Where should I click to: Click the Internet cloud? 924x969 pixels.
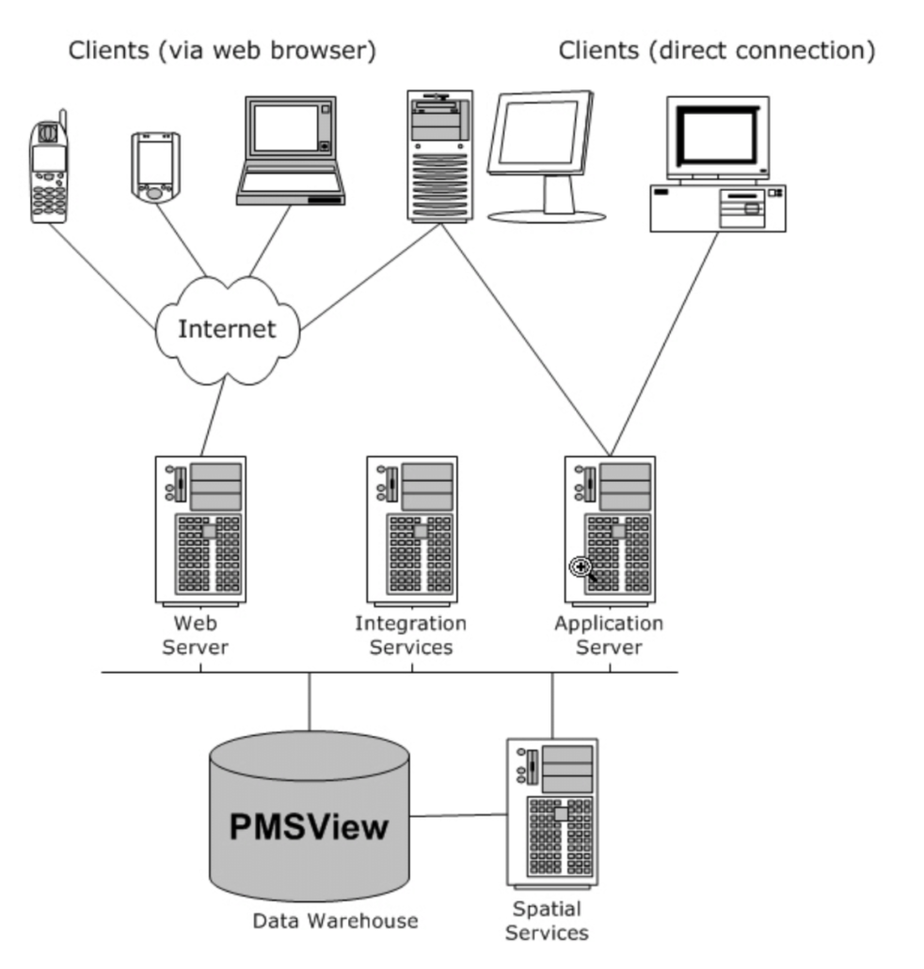click(x=227, y=329)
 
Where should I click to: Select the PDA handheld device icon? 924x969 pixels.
click(x=154, y=167)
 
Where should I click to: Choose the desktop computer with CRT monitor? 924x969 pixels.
click(x=718, y=164)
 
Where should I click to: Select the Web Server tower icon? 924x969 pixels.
click(x=200, y=530)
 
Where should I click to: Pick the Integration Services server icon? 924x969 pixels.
click(x=411, y=530)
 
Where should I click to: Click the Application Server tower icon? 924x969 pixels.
click(x=610, y=530)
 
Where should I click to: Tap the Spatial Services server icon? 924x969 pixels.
click(x=552, y=811)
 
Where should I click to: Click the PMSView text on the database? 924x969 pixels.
click(x=309, y=827)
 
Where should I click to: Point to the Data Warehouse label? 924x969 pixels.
click(x=335, y=920)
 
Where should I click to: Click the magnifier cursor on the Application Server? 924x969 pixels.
click(x=581, y=566)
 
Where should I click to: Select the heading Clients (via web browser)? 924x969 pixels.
click(x=222, y=51)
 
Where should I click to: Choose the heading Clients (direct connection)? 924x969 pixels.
click(x=717, y=51)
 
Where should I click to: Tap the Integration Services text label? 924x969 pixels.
click(x=410, y=635)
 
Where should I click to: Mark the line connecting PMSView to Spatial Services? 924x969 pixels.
click(x=458, y=815)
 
